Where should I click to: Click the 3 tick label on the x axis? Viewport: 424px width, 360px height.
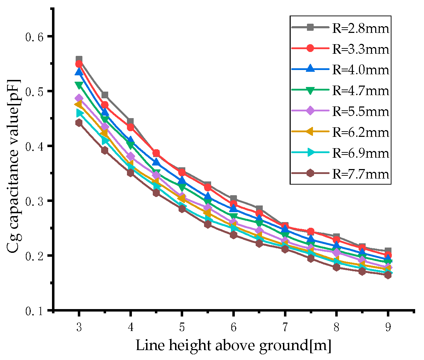tap(79, 327)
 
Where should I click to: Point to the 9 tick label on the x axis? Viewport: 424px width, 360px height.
tap(388, 327)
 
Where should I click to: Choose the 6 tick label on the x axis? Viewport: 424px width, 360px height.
tap(233, 327)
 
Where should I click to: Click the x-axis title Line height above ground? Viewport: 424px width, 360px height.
tap(233, 346)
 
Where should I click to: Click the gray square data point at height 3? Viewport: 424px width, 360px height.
tap(79, 59)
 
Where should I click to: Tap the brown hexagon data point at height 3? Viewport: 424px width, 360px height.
tap(79, 123)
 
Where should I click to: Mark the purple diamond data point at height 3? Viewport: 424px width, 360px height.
tap(79, 98)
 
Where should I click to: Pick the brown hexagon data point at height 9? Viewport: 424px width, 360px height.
tap(388, 275)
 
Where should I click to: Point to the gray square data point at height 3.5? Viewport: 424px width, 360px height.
tap(105, 95)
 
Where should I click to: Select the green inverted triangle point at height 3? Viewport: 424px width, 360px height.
tap(79, 85)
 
